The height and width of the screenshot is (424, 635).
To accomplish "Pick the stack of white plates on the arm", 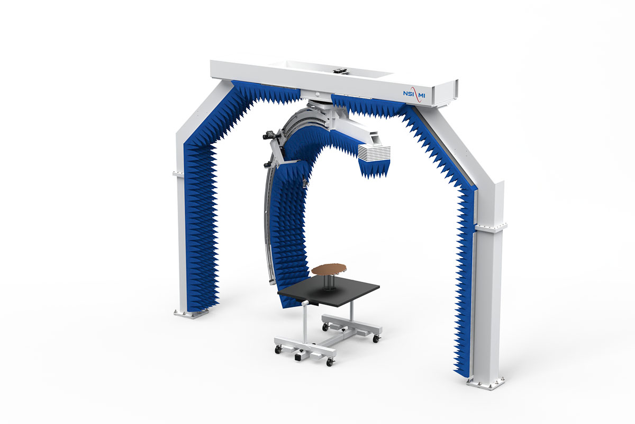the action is point(374,153).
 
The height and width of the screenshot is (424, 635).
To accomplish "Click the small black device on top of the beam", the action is point(340,71).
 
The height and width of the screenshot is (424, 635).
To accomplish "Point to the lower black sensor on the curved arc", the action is point(267,164).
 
